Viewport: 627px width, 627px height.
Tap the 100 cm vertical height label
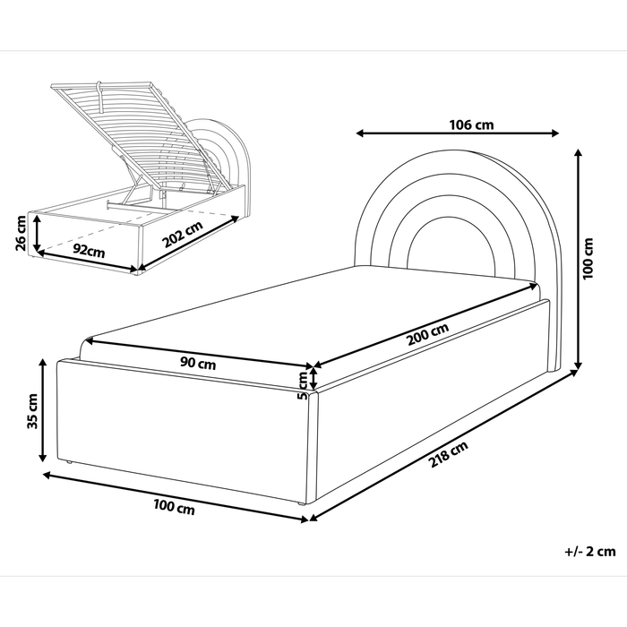[588, 260]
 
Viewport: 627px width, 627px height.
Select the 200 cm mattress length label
[428, 336]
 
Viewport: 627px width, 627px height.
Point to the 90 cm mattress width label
[197, 365]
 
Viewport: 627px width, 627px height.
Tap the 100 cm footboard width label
[174, 509]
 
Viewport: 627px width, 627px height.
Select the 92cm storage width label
[89, 250]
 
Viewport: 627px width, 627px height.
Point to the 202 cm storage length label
[185, 238]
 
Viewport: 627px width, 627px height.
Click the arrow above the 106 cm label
[457, 135]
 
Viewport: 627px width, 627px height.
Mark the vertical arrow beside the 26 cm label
[37, 235]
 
